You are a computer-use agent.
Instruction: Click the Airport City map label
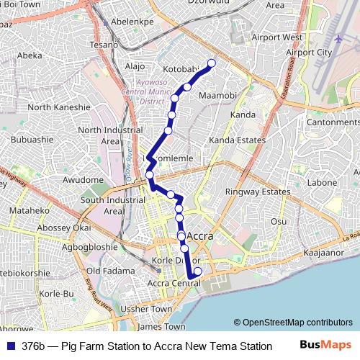(309, 53)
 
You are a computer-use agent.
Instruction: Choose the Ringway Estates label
(258, 192)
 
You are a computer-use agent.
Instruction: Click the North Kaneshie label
(59, 107)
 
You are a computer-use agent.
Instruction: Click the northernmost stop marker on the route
(212, 63)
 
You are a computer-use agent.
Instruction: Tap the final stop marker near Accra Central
(198, 271)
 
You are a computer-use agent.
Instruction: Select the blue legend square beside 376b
(10, 346)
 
